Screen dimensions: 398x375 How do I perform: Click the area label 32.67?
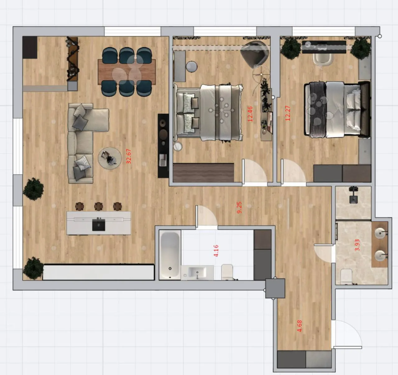click(x=129, y=156)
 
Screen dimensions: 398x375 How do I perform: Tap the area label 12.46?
click(x=250, y=114)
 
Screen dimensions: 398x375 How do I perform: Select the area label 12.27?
click(x=288, y=113)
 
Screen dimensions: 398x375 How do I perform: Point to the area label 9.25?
click(x=239, y=208)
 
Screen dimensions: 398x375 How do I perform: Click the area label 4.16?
click(x=216, y=251)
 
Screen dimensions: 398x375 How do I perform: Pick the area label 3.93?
click(x=357, y=245)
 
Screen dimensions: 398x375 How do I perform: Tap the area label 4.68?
click(x=299, y=326)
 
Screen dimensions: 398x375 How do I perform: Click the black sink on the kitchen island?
click(x=99, y=225)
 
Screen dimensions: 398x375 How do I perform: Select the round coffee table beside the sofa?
click(x=110, y=158)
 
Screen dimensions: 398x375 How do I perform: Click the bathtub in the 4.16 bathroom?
click(x=170, y=255)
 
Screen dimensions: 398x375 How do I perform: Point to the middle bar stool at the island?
click(x=99, y=206)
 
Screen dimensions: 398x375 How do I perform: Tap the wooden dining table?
click(x=127, y=72)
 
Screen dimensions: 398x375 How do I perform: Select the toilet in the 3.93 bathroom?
click(x=346, y=277)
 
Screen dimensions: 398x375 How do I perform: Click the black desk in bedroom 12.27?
click(x=324, y=47)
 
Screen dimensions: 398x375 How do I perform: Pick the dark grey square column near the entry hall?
click(x=275, y=288)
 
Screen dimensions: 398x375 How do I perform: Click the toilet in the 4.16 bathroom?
click(x=228, y=272)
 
